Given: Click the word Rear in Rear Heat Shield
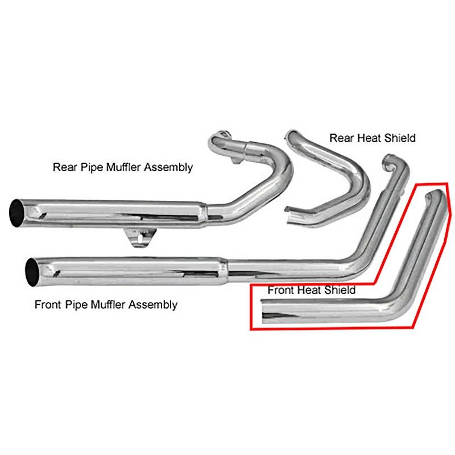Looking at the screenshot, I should [340, 138].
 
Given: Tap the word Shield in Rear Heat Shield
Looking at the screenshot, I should [400, 138].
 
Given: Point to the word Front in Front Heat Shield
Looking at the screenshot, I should [280, 290].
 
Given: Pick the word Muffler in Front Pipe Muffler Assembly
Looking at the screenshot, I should [105, 305].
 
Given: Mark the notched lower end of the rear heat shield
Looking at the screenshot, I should [293, 215].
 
